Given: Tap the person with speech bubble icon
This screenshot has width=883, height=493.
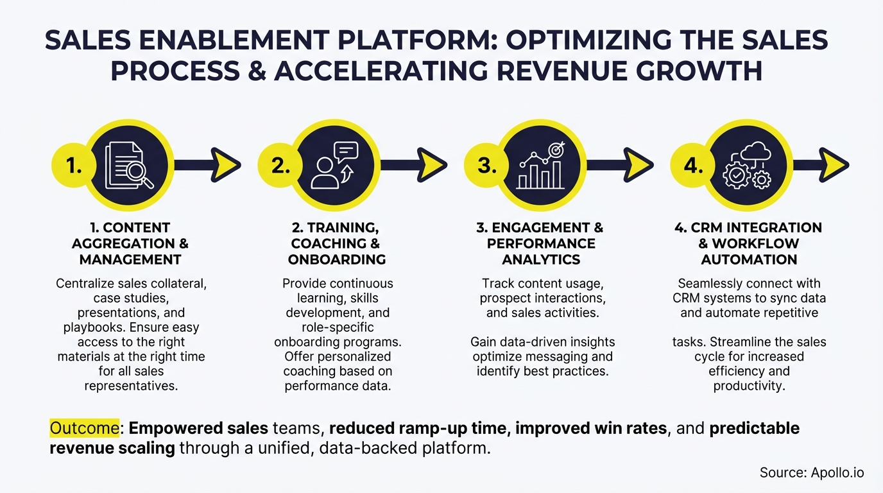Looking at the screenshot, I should click(x=336, y=165).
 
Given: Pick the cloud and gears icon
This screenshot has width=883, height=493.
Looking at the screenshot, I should click(x=748, y=165).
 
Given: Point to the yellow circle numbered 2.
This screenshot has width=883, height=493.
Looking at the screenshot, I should click(x=280, y=166).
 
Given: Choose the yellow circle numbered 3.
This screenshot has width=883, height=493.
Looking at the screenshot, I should click(x=486, y=166).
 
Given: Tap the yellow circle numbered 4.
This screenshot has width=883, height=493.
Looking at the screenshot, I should click(x=692, y=166).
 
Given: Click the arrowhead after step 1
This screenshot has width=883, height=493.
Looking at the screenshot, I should click(x=225, y=165).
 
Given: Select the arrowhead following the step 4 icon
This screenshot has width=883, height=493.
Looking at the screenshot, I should click(x=834, y=165).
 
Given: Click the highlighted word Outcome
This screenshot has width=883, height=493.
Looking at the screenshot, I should click(x=84, y=428).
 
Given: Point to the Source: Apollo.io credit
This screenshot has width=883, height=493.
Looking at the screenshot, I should click(x=812, y=473).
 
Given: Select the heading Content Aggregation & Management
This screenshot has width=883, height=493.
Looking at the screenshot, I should click(x=130, y=244).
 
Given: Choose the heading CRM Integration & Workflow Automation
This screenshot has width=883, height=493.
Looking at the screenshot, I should click(x=749, y=244).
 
